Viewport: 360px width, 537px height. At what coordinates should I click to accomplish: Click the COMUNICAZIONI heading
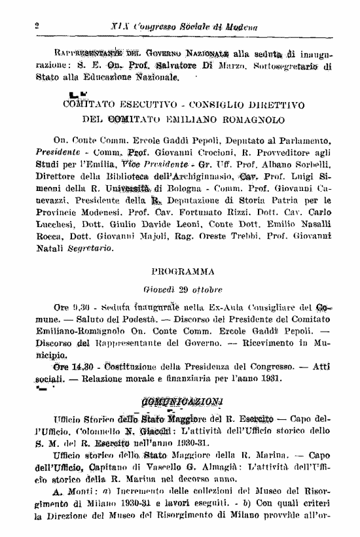pyautogui.click(x=181, y=400)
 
